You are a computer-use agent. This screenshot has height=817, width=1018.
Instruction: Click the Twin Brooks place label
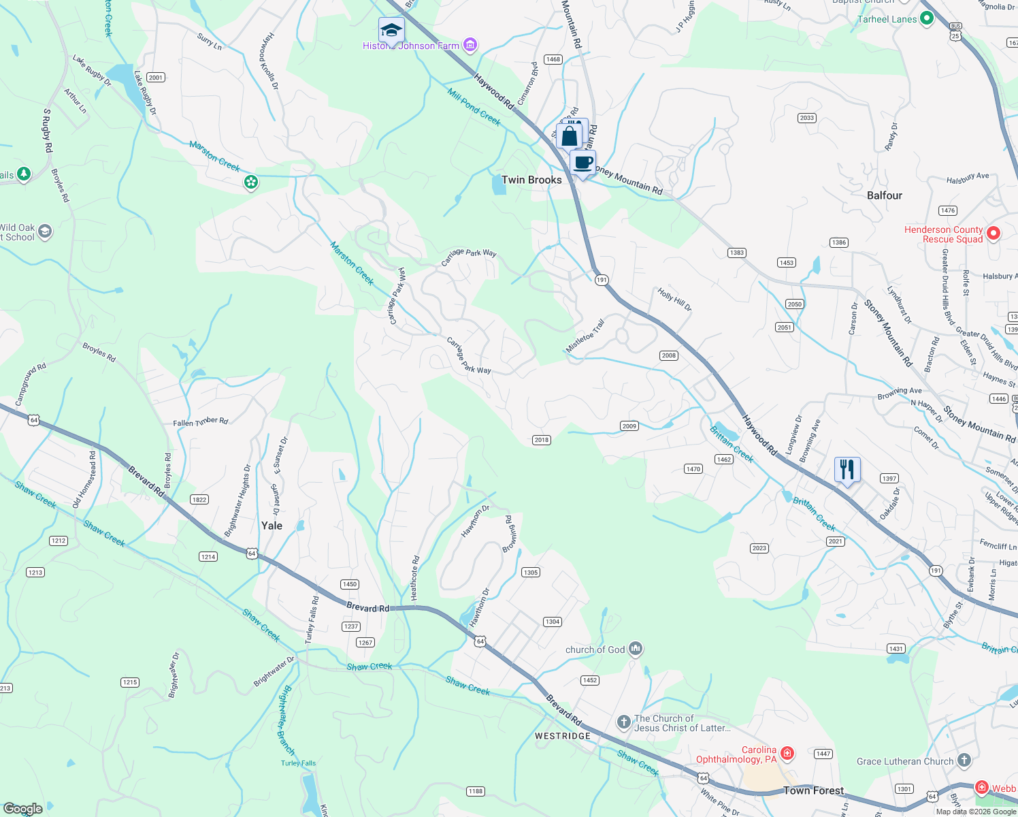pyautogui.click(x=531, y=180)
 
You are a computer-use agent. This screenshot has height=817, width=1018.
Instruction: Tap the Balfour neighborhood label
pyautogui.click(x=884, y=195)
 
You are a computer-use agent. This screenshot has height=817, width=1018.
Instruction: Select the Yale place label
pyautogui.click(x=272, y=526)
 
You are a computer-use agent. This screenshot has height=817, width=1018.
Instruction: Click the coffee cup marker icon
pyautogui.click(x=582, y=163)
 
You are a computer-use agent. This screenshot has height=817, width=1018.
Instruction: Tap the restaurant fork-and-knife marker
pyautogui.click(x=847, y=470)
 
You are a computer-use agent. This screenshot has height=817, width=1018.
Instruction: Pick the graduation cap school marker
pyautogui.click(x=391, y=31)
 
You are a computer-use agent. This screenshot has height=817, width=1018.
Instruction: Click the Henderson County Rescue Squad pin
pyautogui.click(x=993, y=234)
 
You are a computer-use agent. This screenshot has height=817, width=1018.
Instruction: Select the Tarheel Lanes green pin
pyautogui.click(x=926, y=19)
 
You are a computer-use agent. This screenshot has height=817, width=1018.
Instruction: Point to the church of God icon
pyautogui.click(x=636, y=649)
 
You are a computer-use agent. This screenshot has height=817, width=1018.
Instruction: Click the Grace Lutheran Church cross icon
pyautogui.click(x=964, y=760)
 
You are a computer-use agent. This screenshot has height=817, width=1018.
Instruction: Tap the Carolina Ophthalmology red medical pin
pyautogui.click(x=787, y=752)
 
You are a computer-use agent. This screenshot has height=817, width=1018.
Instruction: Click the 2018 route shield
pyautogui.click(x=542, y=440)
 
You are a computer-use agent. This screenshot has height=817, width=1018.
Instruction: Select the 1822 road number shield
pyautogui.click(x=199, y=500)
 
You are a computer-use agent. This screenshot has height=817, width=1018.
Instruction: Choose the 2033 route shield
pyautogui.click(x=807, y=118)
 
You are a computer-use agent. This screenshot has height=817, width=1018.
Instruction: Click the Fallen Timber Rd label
pyautogui.click(x=200, y=422)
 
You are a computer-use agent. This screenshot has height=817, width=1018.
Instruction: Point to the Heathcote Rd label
pyautogui.click(x=415, y=577)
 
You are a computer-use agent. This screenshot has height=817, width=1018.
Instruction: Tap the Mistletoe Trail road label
pyautogui.click(x=585, y=336)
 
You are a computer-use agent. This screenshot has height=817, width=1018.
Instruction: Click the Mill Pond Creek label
pyautogui.click(x=474, y=107)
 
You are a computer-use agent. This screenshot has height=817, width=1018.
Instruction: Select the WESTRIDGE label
pyautogui.click(x=562, y=736)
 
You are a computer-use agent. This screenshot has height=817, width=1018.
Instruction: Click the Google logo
pyautogui.click(x=22, y=809)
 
